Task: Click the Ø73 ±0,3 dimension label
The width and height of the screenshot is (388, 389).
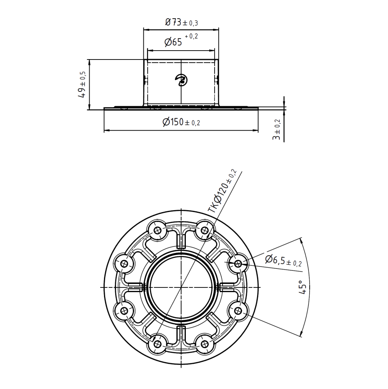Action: [181, 23]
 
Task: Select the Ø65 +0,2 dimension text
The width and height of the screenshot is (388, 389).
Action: [181, 40]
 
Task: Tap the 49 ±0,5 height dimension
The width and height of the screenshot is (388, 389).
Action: [82, 84]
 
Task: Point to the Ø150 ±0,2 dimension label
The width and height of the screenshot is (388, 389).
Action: [181, 122]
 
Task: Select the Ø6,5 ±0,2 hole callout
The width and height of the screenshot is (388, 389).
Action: [284, 261]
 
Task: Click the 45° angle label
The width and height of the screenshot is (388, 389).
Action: [302, 287]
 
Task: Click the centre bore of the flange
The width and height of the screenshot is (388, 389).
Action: [181, 287]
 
